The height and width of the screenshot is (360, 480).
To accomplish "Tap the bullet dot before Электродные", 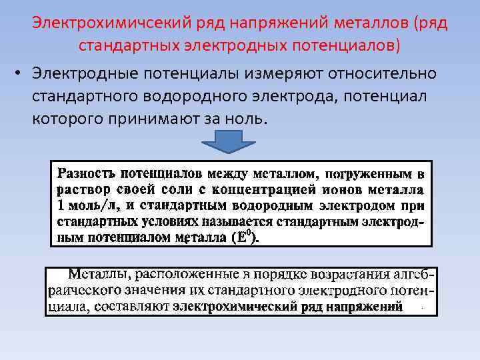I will (x=21, y=72).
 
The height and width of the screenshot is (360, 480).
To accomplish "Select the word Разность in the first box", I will (x=85, y=175).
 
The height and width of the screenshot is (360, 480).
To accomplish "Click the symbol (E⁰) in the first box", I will (x=245, y=237).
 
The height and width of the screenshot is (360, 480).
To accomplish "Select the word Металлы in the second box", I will (x=97, y=275).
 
